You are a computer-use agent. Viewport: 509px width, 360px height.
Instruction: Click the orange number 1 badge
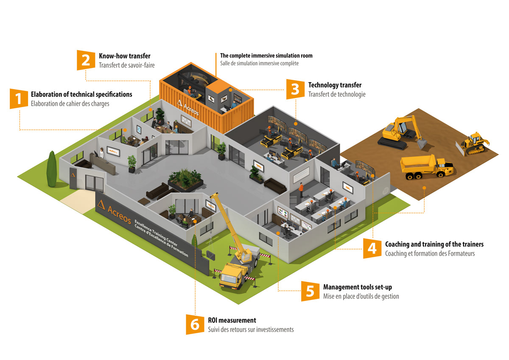point(18,98)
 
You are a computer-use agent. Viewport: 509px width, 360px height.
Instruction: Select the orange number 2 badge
point(86,59)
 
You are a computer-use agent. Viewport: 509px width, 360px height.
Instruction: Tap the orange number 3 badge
point(295,89)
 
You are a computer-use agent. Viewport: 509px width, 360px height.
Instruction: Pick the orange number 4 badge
point(372,248)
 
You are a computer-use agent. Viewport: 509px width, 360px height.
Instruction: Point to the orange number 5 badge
point(310,291)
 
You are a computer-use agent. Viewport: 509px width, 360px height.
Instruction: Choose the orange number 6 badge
point(195,324)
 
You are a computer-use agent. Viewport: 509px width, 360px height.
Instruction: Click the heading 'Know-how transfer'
point(125,56)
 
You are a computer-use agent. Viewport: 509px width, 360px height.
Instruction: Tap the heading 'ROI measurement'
point(232,321)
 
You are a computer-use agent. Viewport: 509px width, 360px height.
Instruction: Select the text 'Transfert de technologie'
point(337,94)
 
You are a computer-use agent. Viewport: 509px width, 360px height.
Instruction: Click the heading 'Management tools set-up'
point(357,287)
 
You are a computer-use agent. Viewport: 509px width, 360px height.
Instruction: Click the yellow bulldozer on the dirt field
point(473,143)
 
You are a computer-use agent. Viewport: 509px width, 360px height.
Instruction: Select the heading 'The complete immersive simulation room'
point(266,56)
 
